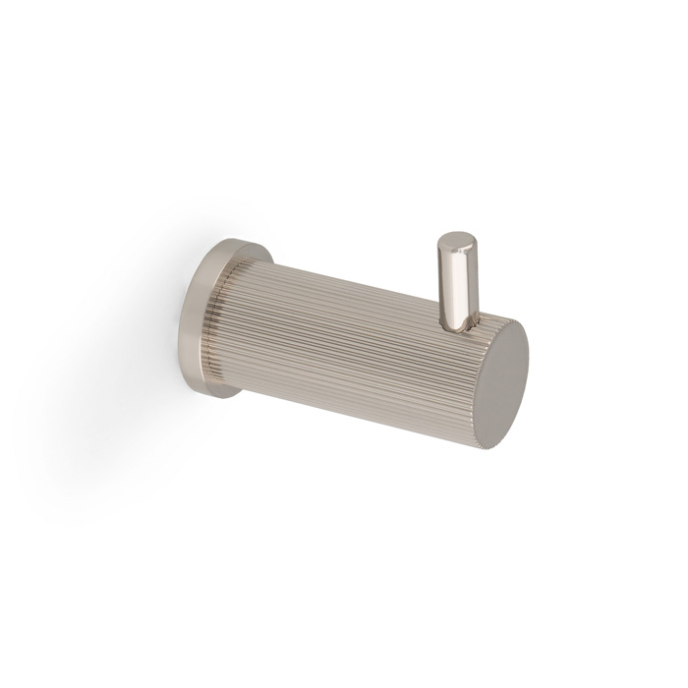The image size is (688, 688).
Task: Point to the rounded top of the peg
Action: click(453, 239)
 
